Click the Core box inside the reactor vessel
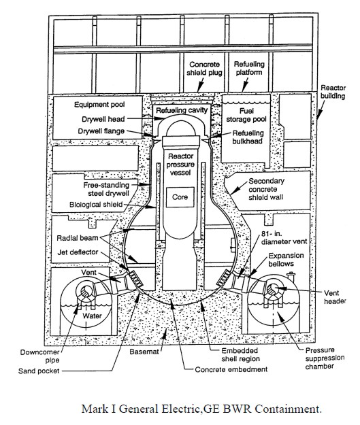180,197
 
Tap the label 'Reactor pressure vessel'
180,165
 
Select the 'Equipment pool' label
99,105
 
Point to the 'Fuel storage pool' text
246,115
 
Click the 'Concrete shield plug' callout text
204,69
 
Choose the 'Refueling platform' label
249,68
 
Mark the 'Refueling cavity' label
182,110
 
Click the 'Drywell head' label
103,119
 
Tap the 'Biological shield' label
96,205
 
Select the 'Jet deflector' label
78,252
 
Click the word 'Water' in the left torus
93,316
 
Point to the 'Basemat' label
144,352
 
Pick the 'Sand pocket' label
39,371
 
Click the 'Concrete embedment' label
231,369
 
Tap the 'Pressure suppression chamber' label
325,358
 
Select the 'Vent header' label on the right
335,297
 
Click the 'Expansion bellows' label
286,260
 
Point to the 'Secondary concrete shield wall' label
266,189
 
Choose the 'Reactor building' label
333,92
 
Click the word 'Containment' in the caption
288,409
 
